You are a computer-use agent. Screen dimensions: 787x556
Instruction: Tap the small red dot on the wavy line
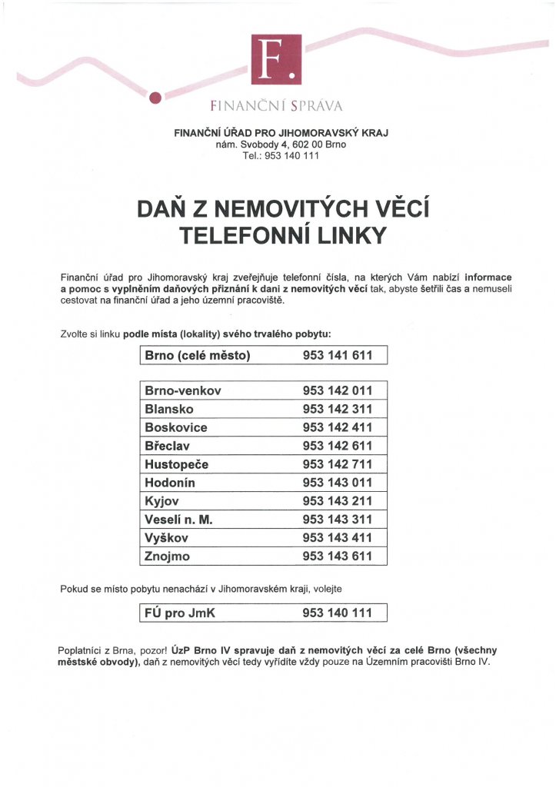pos(155,97)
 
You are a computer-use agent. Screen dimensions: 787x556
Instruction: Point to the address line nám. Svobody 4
pos(281,144)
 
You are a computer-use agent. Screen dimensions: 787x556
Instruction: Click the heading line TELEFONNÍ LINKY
pos(281,235)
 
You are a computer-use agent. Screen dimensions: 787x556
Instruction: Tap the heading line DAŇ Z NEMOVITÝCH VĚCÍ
pos(281,209)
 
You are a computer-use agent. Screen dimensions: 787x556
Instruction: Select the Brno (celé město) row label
pos(198,356)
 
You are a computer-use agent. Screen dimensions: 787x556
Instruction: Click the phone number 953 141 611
pos(338,356)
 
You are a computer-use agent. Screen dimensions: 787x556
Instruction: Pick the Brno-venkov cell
pos(183,390)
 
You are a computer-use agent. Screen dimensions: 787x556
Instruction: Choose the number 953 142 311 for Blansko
pos(338,409)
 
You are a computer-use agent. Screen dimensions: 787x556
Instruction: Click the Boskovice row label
pos(176,427)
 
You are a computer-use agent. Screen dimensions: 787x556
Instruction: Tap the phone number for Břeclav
pos(338,446)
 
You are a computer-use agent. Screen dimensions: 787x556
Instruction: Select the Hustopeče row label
pos(177,464)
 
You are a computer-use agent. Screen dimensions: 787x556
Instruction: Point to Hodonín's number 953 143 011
pos(338,483)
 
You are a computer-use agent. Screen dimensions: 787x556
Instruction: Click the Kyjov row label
pos(161,501)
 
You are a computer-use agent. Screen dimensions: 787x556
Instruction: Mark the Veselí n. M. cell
pos(178,520)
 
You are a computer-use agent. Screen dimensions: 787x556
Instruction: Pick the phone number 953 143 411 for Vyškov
pos(338,538)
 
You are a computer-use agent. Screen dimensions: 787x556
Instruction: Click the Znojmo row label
pos(167,556)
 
